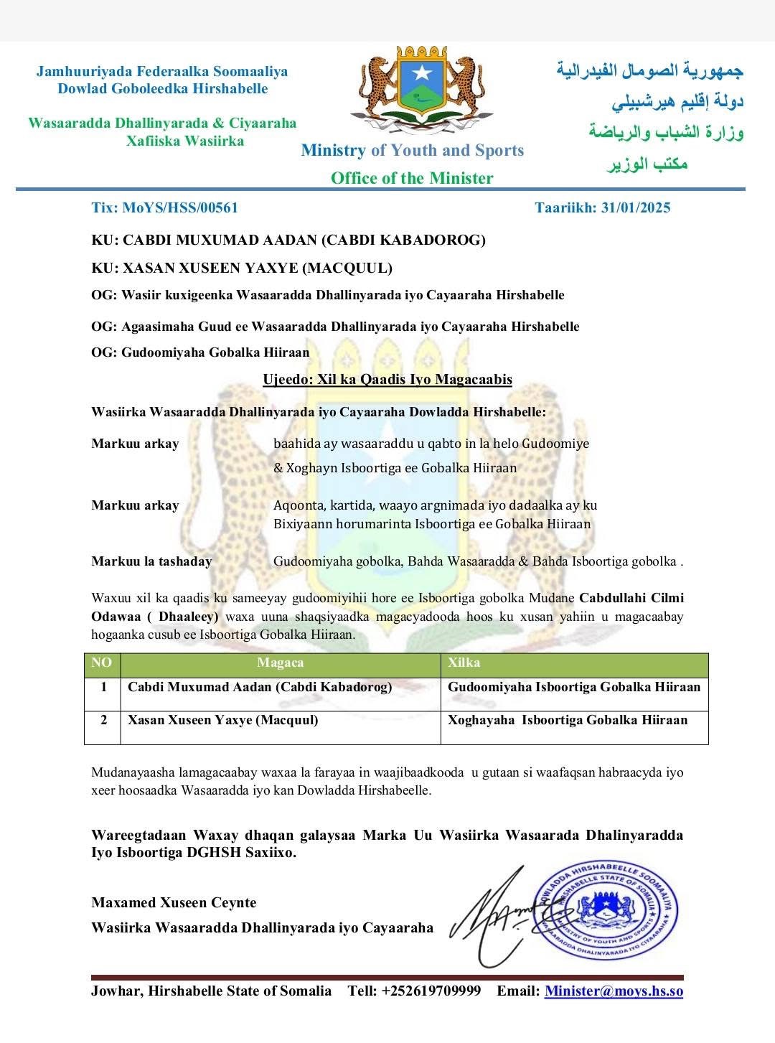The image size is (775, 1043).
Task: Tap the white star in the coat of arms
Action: (x=421, y=73)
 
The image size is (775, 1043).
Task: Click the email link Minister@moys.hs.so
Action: (x=614, y=991)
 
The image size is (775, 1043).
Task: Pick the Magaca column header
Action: (x=280, y=663)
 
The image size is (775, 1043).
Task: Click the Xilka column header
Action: (x=464, y=663)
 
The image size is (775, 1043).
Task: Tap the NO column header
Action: (x=102, y=663)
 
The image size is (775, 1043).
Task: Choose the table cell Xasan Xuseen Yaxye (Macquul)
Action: (x=222, y=720)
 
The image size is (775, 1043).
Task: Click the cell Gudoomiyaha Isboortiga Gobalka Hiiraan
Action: (x=573, y=687)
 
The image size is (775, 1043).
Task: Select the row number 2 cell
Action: (x=103, y=720)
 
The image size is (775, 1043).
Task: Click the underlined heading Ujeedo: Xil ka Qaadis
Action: (x=387, y=380)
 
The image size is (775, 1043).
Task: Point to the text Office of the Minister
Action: (x=412, y=178)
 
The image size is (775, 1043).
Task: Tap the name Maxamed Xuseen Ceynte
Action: (x=174, y=903)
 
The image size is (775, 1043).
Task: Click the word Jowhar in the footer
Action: (x=116, y=991)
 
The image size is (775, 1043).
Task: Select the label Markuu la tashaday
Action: (x=151, y=561)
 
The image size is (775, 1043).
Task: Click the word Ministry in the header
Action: (x=333, y=151)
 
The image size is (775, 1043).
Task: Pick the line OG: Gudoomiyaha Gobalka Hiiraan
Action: (x=200, y=352)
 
